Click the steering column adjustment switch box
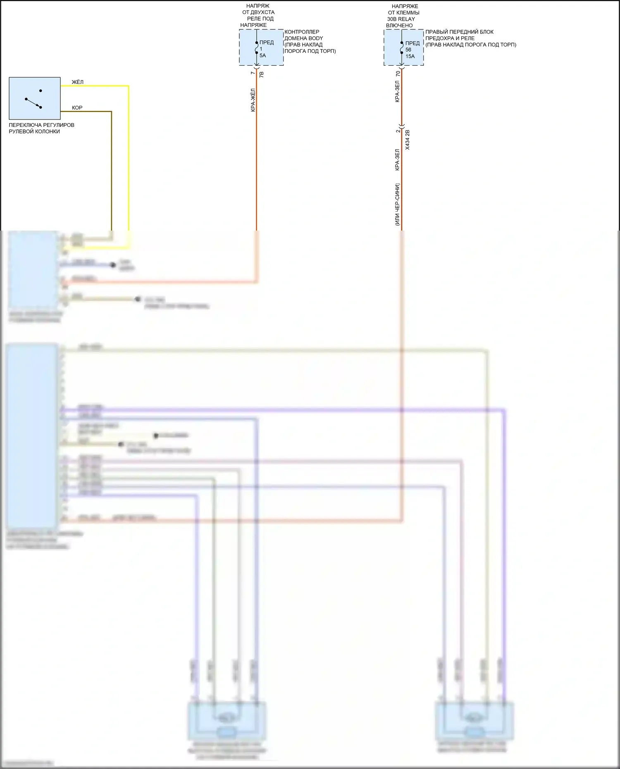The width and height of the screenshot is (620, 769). (35, 98)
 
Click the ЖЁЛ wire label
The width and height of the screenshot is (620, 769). (78, 82)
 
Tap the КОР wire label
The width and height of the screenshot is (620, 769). (77, 108)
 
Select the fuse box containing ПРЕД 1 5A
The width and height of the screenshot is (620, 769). (261, 48)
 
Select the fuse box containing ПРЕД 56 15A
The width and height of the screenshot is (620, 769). (403, 48)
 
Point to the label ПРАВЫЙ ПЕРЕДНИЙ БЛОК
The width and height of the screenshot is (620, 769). (459, 32)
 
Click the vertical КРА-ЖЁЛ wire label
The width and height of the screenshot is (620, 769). (253, 100)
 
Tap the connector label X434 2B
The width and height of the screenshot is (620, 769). (408, 140)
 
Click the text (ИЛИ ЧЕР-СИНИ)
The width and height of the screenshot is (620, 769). (397, 205)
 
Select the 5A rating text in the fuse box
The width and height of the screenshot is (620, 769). (263, 55)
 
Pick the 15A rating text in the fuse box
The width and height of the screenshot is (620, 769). (410, 56)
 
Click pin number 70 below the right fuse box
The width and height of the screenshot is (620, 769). (398, 74)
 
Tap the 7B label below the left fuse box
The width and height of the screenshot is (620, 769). (261, 74)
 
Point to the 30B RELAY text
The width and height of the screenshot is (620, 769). (401, 19)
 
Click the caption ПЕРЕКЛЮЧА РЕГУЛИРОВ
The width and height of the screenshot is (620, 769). (42, 125)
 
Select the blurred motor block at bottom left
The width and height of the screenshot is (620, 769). (227, 721)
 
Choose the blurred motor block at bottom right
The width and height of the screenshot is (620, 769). (474, 721)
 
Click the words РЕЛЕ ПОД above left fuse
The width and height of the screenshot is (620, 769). (260, 19)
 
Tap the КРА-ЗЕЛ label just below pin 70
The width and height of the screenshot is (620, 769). (397, 91)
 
